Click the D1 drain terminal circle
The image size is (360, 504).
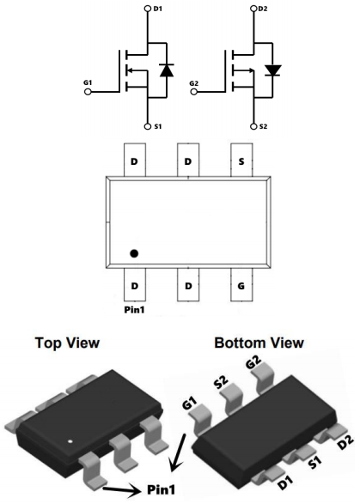click(148, 9)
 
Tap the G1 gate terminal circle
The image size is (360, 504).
click(88, 92)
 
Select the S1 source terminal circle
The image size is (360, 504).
click(148, 126)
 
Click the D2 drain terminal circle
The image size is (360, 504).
click(253, 9)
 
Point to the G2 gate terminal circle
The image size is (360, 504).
click(193, 92)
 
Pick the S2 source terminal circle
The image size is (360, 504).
click(253, 126)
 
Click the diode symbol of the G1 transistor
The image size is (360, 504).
click(167, 70)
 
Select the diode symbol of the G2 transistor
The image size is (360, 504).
click(273, 70)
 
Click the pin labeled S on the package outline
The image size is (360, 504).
click(241, 160)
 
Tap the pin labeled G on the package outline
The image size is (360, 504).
click(241, 285)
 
